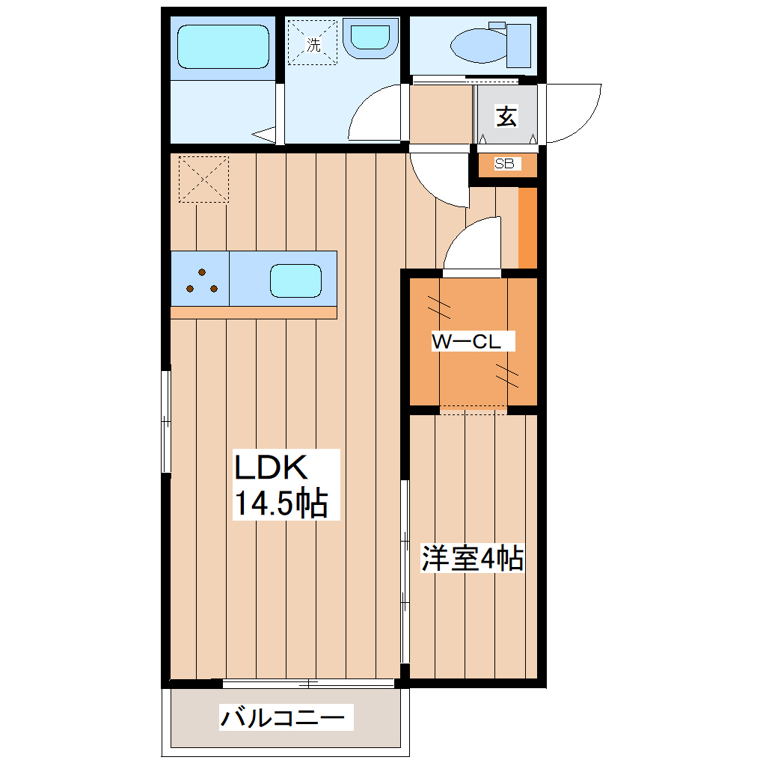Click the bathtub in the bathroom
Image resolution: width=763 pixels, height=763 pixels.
click(222, 49)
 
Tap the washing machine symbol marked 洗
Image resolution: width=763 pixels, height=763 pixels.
click(314, 44)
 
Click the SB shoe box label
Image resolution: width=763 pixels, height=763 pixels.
click(508, 164)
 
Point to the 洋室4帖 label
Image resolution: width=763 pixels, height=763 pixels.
click(472, 559)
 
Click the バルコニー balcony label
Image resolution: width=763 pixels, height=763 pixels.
click(284, 719)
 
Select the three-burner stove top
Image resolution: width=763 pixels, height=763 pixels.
click(200, 280)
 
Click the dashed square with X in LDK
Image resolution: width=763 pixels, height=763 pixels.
click(203, 179)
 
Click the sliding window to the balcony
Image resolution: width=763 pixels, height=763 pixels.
click(308, 683)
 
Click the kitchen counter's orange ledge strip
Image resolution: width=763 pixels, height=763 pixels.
click(254, 313)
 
